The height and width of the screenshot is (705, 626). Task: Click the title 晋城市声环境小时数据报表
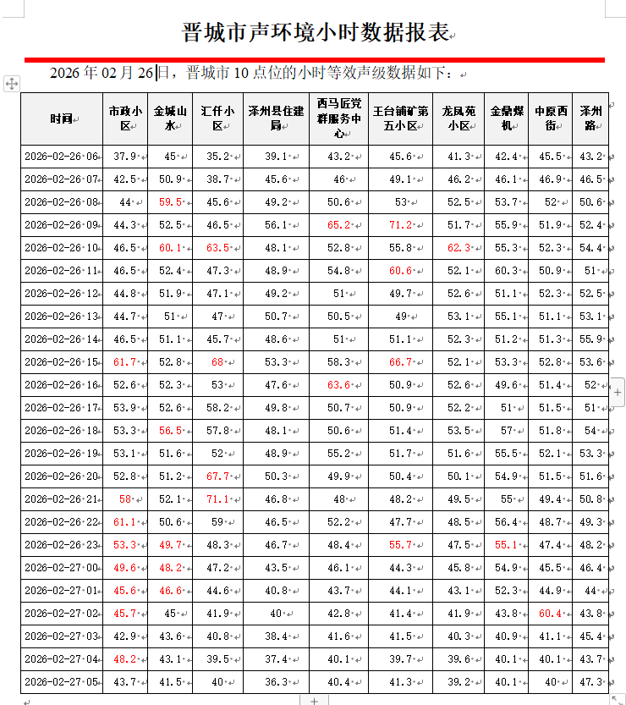(x=314, y=33)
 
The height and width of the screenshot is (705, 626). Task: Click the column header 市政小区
(x=125, y=118)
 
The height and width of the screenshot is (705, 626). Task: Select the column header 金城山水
(x=170, y=118)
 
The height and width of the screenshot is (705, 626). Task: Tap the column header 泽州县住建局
(x=276, y=118)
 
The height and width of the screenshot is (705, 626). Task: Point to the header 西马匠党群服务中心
(x=338, y=118)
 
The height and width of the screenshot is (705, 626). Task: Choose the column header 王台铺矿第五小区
(x=400, y=118)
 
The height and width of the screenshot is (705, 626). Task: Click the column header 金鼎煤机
(x=507, y=118)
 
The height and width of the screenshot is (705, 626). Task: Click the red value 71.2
(x=400, y=225)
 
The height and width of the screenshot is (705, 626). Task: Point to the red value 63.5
(x=217, y=248)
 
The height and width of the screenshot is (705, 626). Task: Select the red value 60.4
(x=550, y=614)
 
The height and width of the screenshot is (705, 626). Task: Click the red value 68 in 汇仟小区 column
(x=217, y=362)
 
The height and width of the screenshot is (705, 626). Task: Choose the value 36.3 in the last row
(x=276, y=682)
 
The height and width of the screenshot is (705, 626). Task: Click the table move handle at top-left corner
(x=12, y=83)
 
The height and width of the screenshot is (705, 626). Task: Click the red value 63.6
(x=338, y=385)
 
